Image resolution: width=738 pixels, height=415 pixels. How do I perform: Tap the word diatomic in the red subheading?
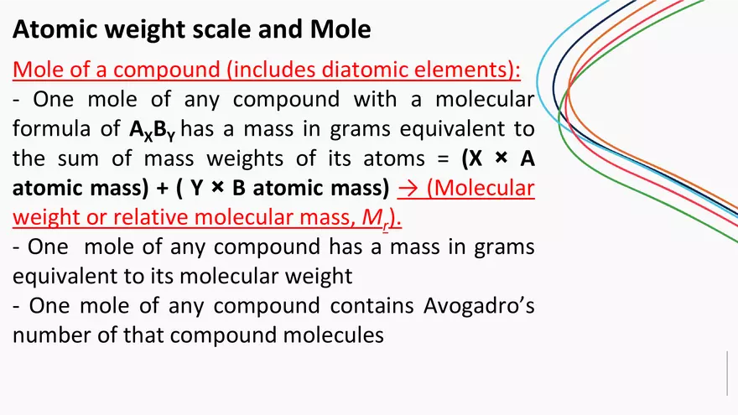coord(340,69)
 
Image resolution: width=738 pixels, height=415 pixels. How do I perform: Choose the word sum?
coord(105,158)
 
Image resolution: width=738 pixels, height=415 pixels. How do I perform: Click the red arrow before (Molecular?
coord(407,188)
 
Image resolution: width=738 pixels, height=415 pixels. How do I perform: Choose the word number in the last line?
coord(51,335)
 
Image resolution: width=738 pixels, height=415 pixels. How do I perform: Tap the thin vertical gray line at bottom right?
coord(726,373)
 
